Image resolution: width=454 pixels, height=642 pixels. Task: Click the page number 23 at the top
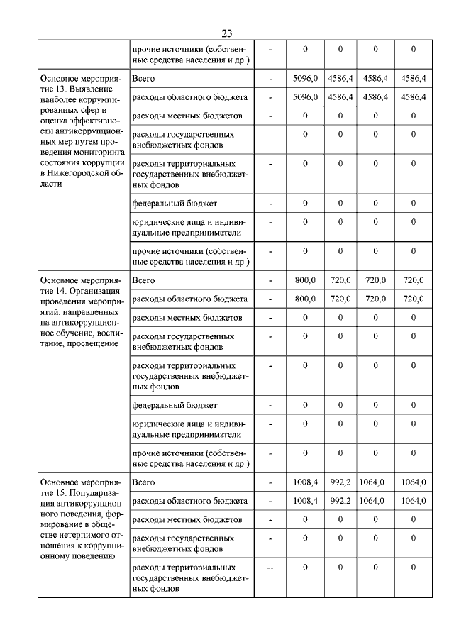(x=227, y=33)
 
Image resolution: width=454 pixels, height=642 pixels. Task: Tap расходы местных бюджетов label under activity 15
(x=188, y=519)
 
